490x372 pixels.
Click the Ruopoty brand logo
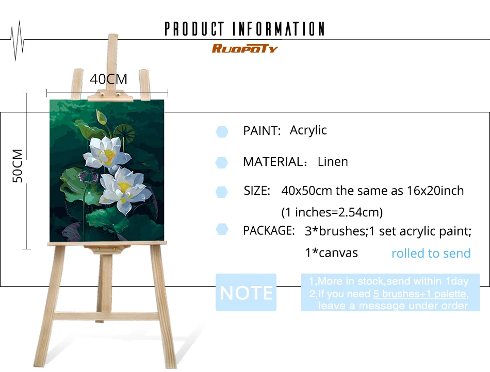pos(244,49)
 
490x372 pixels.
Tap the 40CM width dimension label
pos(108,79)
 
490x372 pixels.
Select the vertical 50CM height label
pos(18,166)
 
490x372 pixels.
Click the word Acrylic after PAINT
pos(308,130)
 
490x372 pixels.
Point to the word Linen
pos(333,162)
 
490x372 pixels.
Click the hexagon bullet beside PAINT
pos(222,131)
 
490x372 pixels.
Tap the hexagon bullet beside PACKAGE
pos(222,229)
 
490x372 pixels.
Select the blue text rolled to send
pos(431,253)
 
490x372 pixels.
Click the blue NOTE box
pos(246,293)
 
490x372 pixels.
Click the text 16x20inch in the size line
pos(434,191)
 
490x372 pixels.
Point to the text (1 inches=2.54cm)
pos(332,212)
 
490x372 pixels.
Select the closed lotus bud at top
pos(102,118)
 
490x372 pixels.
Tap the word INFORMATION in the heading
pos(279,29)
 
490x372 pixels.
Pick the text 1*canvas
pos(331,252)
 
